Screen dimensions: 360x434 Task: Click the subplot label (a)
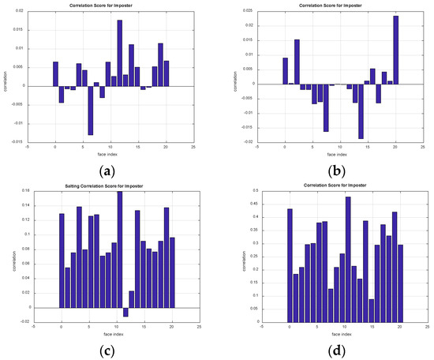108,168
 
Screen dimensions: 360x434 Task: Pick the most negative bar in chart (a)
91,111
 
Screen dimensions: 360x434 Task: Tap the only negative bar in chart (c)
125,312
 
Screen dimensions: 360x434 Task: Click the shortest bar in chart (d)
372,310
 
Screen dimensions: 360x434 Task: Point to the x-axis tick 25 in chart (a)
193,148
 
